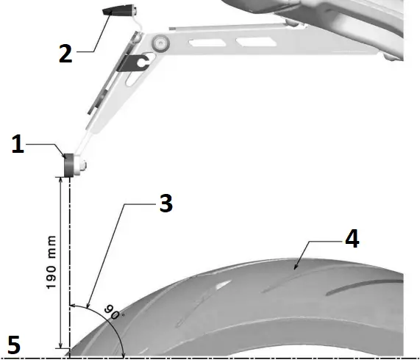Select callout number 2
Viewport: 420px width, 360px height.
66,54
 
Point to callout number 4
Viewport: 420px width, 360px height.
352,240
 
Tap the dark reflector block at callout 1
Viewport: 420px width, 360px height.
71,165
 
